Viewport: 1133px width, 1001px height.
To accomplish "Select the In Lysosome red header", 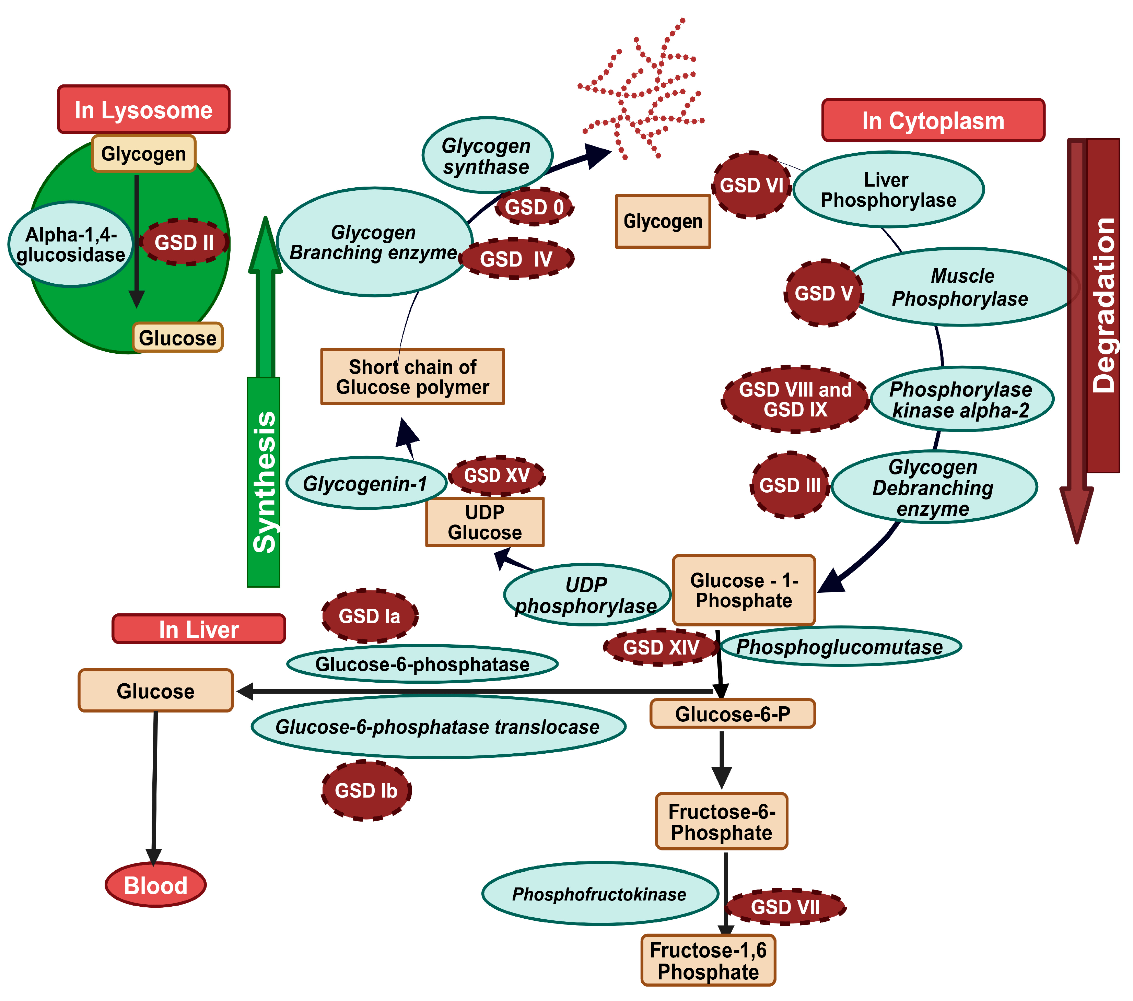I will (143, 110).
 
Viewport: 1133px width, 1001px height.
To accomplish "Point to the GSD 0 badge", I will (534, 207).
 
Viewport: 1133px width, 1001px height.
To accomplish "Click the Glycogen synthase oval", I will (487, 156).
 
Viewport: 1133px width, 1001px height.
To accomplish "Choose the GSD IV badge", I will (516, 259).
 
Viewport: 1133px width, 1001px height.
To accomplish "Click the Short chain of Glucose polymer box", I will (412, 377).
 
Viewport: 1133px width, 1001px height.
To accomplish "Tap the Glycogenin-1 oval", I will (366, 483).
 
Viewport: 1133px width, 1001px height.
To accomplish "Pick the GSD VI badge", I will (752, 185).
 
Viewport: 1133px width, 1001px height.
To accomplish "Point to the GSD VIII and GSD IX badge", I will (795, 399).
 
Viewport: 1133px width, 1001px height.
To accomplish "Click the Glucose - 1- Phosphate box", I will (744, 590).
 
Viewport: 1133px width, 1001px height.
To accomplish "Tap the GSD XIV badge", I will (661, 647).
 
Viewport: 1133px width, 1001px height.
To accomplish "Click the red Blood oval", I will (156, 885).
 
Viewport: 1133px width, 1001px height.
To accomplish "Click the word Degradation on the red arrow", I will (1103, 305).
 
